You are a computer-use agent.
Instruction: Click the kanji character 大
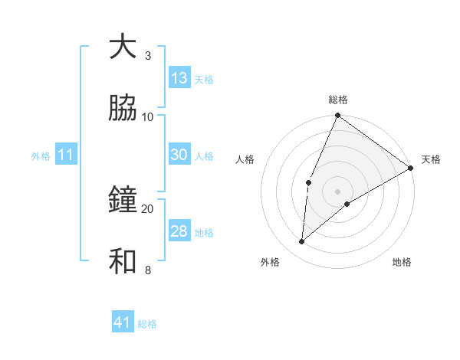(x=123, y=47)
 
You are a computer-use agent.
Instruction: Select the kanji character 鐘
(x=123, y=200)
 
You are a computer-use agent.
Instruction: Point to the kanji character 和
(x=123, y=261)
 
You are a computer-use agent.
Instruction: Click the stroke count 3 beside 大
(x=147, y=56)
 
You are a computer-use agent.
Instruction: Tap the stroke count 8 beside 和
(x=147, y=270)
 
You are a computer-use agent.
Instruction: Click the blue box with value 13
(x=179, y=78)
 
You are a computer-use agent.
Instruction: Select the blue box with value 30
(x=179, y=155)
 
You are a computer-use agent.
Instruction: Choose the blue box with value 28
(x=179, y=231)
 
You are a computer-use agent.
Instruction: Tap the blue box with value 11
(x=66, y=155)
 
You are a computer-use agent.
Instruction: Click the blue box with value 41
(x=123, y=323)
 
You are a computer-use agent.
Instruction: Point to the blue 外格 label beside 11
(x=41, y=156)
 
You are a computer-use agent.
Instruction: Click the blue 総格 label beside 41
(x=147, y=324)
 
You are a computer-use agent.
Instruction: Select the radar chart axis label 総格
(x=338, y=100)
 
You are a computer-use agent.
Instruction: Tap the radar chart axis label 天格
(x=431, y=159)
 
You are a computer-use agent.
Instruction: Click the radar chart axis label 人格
(x=245, y=159)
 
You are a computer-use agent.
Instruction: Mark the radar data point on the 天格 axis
(x=410, y=168)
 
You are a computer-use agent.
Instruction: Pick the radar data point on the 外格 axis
(x=302, y=242)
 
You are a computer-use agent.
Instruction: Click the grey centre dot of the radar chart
(x=338, y=191)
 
